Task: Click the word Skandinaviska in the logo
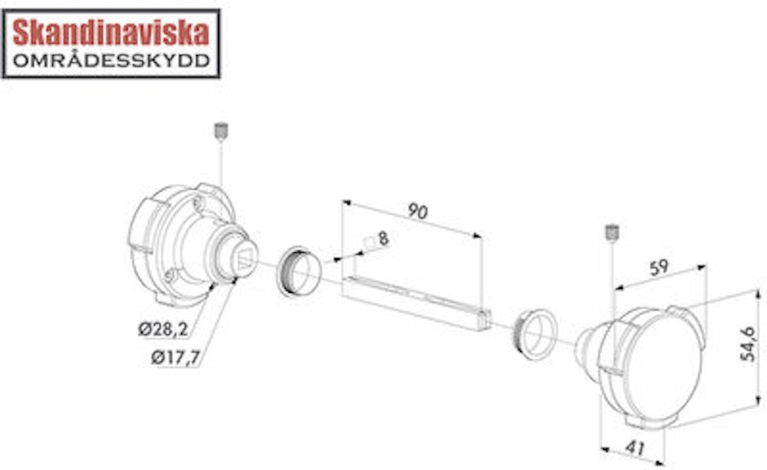(x=111, y=32)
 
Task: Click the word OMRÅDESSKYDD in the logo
(x=111, y=61)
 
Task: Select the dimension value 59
(x=659, y=268)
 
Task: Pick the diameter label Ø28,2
(x=163, y=329)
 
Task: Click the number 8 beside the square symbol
(x=383, y=238)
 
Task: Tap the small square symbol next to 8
(x=368, y=243)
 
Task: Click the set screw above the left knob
(x=220, y=131)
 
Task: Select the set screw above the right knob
(x=611, y=232)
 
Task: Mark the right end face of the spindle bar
(x=483, y=320)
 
